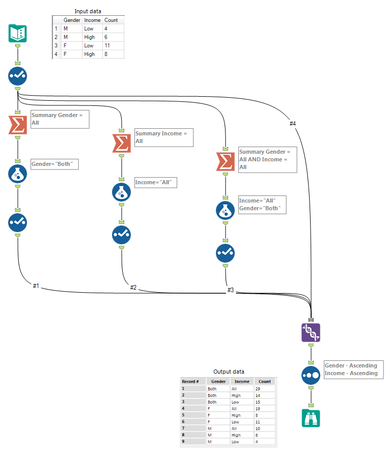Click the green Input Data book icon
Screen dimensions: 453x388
pyautogui.click(x=18, y=34)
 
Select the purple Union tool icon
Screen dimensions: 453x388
pyautogui.click(x=311, y=332)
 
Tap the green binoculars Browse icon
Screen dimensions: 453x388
pyautogui.click(x=311, y=417)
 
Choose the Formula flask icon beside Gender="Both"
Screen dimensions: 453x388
pyautogui.click(x=18, y=174)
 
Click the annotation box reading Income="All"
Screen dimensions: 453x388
pyautogui.click(x=155, y=182)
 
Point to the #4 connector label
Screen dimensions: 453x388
pyautogui.click(x=292, y=123)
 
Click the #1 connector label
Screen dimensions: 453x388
pyautogui.click(x=36, y=286)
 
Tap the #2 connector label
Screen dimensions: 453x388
pyautogui.click(x=133, y=288)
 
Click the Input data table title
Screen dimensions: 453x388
pyautogui.click(x=88, y=11)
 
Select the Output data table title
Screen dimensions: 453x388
pyautogui.click(x=228, y=372)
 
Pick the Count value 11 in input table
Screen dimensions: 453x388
pyautogui.click(x=107, y=45)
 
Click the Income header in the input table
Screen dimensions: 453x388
pyautogui.click(x=92, y=20)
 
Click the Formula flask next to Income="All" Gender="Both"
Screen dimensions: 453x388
pyautogui.click(x=225, y=210)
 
